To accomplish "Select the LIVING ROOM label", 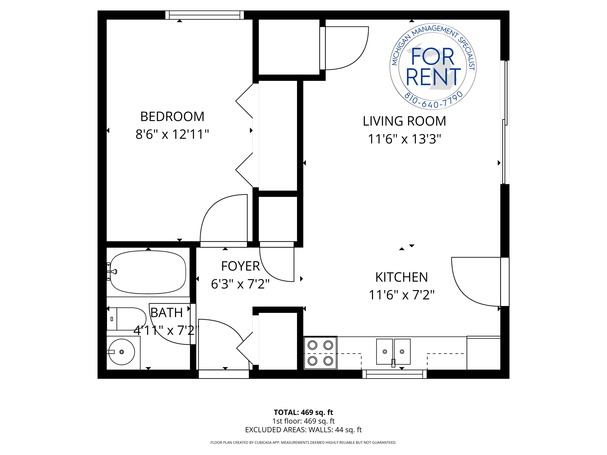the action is point(404,121).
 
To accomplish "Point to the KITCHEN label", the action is point(401,277).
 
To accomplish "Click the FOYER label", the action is point(240,266).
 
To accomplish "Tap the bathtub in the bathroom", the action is point(148,272).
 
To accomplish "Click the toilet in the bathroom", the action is point(126,319).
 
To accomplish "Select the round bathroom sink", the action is point(122,352).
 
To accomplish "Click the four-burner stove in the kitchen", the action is point(320,353).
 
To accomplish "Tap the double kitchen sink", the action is point(393,352).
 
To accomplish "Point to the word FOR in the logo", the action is point(432,56).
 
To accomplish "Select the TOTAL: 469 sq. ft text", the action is point(303,412).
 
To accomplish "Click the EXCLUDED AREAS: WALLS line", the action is point(303,430).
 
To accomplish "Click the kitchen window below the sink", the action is point(394,374).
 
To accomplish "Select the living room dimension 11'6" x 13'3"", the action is point(404,139).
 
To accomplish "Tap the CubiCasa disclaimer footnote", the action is point(303,442).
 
